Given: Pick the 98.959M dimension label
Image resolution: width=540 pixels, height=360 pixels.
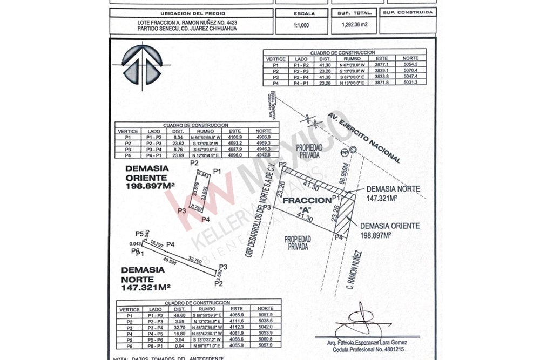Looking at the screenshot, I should point(342,174).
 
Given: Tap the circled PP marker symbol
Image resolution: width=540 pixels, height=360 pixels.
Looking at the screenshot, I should point(352,150).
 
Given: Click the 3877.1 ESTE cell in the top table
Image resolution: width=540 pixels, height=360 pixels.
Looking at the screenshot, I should point(381,64).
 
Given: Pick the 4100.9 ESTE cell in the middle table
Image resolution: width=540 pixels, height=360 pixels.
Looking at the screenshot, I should point(235,138).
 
